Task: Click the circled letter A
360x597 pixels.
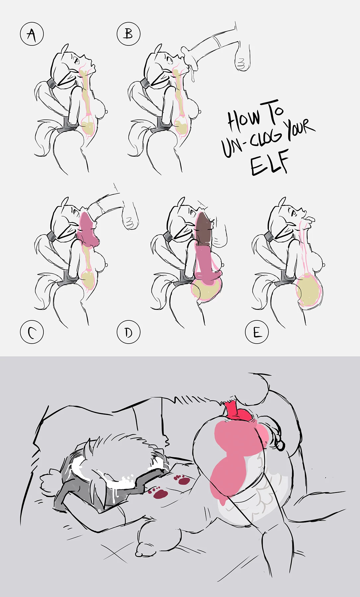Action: coord(32,34)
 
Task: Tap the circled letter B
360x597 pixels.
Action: coord(129,34)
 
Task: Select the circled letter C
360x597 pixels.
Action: coord(32,332)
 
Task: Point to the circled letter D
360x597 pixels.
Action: coord(129,332)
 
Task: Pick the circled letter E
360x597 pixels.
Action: coord(257,332)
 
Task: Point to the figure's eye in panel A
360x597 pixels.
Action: coord(76,60)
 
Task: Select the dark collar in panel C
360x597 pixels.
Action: coord(51,236)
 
